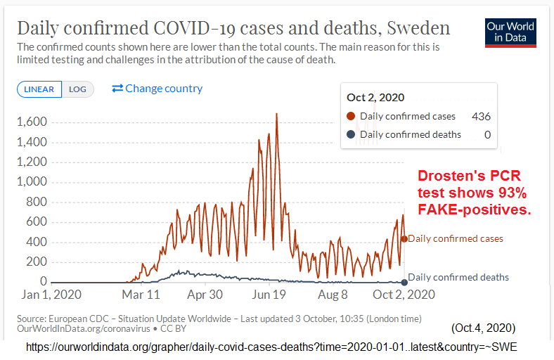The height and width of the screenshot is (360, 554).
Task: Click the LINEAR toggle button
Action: coord(39,89)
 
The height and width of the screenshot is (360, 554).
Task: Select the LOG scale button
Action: coord(77,89)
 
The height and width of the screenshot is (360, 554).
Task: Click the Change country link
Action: coord(157,89)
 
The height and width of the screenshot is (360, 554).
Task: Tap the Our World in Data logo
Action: coord(510,32)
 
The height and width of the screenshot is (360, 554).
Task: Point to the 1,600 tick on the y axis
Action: coord(32,122)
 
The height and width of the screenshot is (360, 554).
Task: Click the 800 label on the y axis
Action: coord(37,202)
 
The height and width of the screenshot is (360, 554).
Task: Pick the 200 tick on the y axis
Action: coord(37,262)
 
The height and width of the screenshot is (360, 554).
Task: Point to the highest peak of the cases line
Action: coord(276,114)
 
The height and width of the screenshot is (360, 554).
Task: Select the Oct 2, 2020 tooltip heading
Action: coord(375,98)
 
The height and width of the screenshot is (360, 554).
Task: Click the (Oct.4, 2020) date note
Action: coord(484,328)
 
